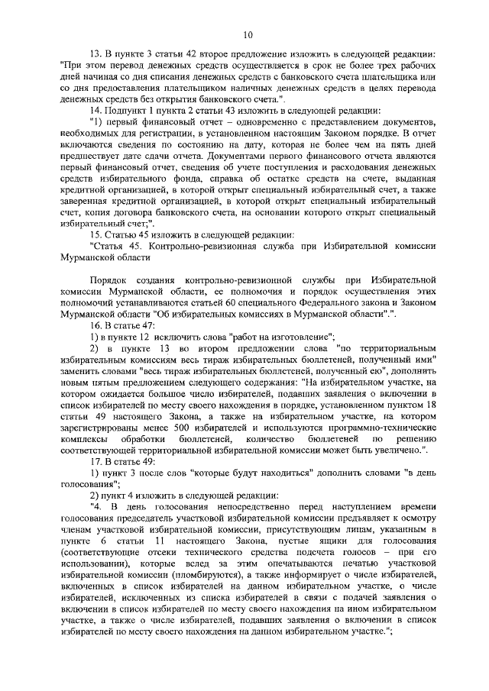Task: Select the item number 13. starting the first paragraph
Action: [96, 55]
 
